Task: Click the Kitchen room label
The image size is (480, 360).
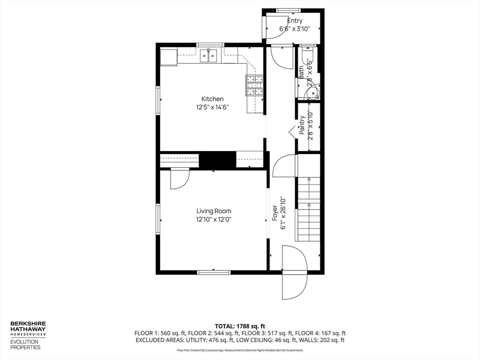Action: [212, 99]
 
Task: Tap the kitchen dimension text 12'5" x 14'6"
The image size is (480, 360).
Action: [212, 107]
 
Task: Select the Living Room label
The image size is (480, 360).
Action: [214, 211]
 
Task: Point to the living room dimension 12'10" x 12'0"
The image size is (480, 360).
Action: [214, 219]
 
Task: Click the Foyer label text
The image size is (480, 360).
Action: [275, 213]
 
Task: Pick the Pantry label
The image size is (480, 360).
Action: [302, 125]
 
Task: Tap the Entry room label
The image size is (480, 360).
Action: [295, 21]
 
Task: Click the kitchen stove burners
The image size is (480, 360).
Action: [255, 85]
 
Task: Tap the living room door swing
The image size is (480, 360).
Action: [179, 179]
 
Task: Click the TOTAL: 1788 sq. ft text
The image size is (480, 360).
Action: [240, 326]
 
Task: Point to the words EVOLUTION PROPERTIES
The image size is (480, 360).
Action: [25, 345]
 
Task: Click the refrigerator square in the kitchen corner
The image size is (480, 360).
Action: [169, 57]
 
